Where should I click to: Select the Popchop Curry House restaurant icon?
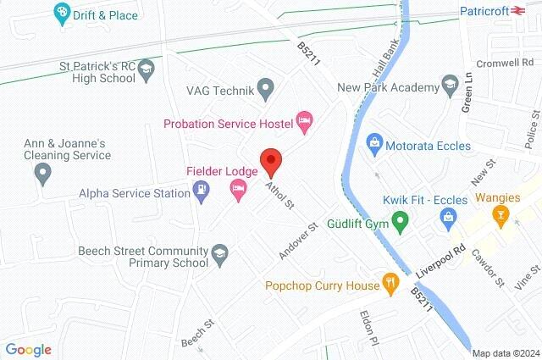pos(390,283)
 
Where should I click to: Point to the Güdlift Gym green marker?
pos(401,222)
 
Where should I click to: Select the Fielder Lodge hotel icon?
pos(238,192)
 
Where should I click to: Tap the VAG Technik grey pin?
pos(265,86)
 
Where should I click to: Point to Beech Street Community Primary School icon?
pos(218,253)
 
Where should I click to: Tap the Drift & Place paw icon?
pos(62,11)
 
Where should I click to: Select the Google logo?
pos(28,349)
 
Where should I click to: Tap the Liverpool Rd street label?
pos(442,262)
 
